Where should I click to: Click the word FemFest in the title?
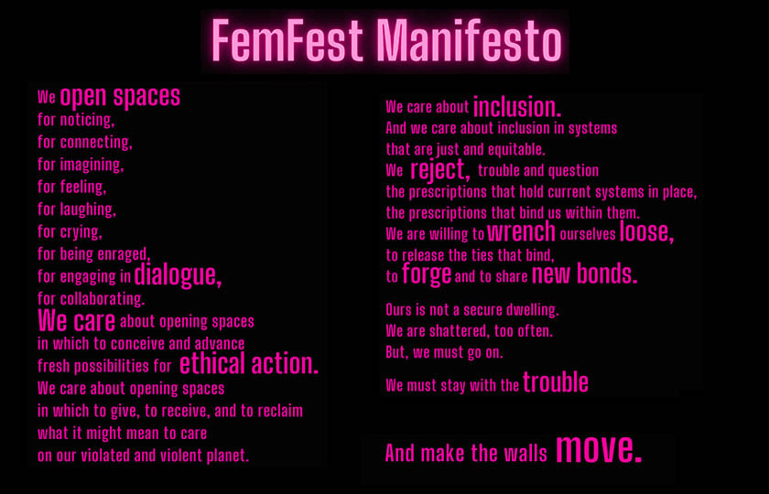287,40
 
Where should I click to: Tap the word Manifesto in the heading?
471,40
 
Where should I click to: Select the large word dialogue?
178,275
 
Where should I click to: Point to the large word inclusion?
517,106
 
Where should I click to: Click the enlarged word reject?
440,170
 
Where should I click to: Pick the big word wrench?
521,231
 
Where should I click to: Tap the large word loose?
647,231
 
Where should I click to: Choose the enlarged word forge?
427,274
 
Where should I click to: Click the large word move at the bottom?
599,448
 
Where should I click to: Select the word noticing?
87,120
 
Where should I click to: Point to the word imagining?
92,166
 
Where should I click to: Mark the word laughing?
88,209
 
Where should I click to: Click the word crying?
81,232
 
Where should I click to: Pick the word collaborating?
103,298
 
